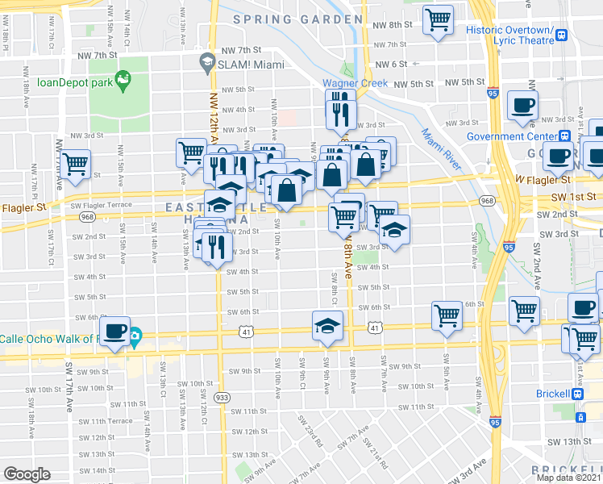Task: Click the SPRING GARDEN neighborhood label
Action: [x=297, y=19]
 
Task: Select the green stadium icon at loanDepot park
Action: [x=123, y=79]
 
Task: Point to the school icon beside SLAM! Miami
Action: [x=206, y=62]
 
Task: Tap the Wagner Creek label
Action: [x=356, y=83]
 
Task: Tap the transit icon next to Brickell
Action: [x=577, y=394]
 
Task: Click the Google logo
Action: [x=27, y=474]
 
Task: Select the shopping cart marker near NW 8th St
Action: [x=438, y=20]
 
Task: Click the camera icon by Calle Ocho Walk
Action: [x=135, y=336]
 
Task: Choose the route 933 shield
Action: [x=220, y=397]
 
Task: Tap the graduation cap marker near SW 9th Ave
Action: [x=325, y=328]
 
